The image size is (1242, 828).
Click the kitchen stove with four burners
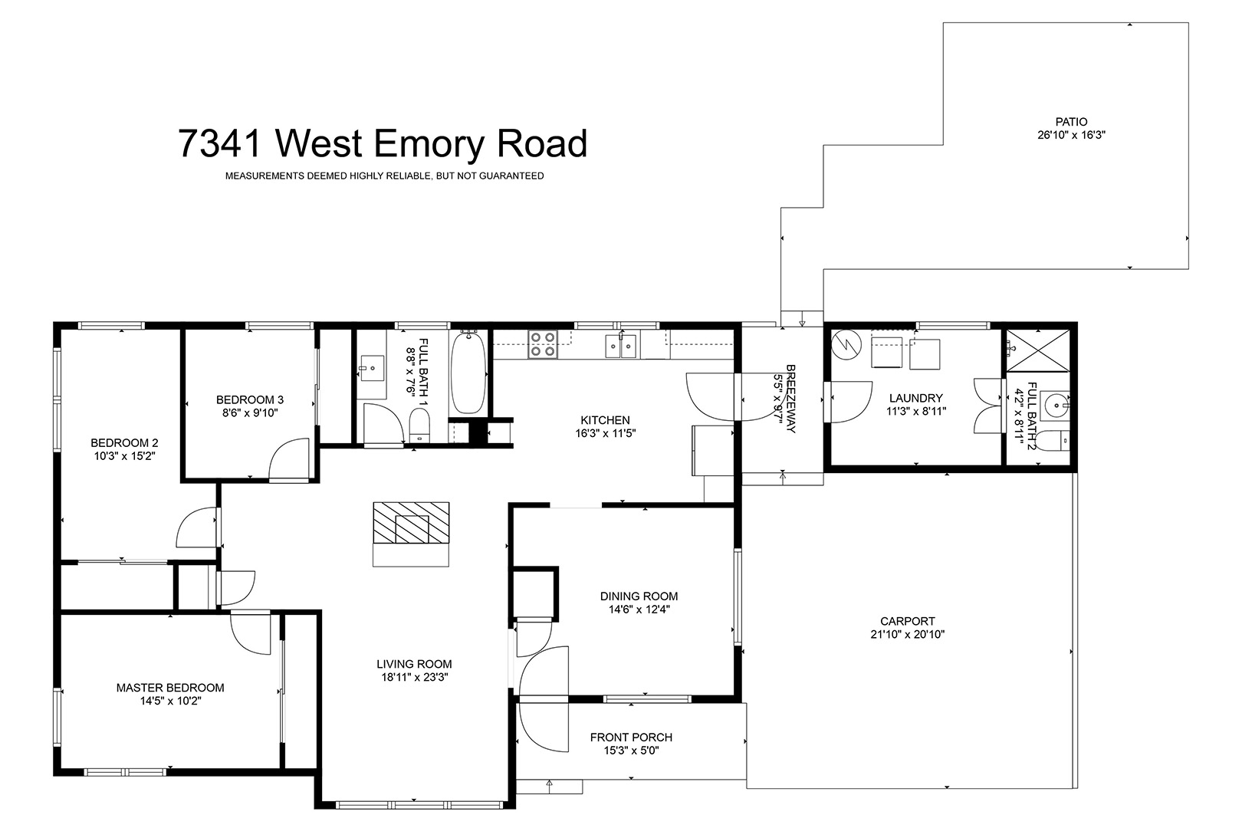(543, 344)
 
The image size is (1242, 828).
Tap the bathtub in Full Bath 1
(468, 372)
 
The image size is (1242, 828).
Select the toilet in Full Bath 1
(419, 426)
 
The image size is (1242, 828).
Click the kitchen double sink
(620, 346)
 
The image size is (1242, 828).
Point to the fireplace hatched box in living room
(412, 523)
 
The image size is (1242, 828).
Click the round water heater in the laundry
(846, 346)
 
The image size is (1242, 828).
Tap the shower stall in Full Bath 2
(1038, 350)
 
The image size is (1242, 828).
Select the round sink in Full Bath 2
(1055, 406)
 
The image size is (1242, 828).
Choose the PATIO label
(1071, 121)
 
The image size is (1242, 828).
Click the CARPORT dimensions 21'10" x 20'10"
(908, 635)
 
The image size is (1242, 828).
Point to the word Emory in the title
(429, 143)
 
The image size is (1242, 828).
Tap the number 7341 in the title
(220, 143)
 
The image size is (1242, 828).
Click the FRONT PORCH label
(631, 737)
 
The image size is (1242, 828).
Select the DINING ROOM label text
(639, 596)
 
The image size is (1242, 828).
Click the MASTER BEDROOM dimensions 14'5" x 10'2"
(170, 701)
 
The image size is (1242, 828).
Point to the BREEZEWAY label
(790, 399)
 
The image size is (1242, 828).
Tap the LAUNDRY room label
(916, 398)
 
